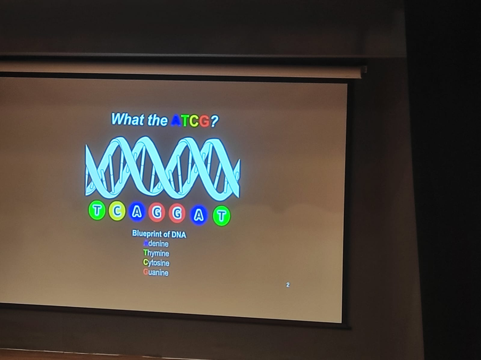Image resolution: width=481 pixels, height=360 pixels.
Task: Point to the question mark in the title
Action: (214, 122)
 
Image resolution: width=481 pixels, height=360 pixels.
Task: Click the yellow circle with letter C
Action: (117, 211)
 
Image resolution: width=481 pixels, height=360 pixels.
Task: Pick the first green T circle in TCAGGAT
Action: (97, 211)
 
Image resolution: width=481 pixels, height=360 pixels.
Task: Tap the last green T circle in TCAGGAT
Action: (222, 216)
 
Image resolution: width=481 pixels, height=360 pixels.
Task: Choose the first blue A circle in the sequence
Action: (137, 212)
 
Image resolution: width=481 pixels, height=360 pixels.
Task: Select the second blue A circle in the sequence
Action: (199, 215)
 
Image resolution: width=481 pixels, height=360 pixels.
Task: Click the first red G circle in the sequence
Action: (157, 213)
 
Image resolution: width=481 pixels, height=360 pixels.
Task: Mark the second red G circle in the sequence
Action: (177, 214)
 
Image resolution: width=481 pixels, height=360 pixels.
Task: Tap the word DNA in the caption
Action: (178, 235)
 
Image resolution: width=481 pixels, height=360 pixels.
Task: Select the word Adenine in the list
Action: (156, 243)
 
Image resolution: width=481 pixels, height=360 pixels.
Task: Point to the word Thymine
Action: (156, 253)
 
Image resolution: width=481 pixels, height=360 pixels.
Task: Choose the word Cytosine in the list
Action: (156, 263)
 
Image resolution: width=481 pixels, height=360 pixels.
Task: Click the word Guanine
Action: (156, 273)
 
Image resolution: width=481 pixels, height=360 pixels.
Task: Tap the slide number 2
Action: (287, 284)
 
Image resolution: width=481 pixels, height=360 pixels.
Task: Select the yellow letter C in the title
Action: (194, 122)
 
